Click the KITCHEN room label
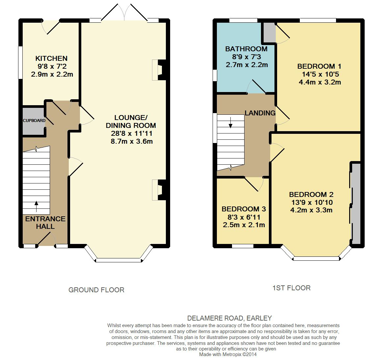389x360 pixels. tap(51, 59)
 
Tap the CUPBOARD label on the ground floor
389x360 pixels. tap(34, 121)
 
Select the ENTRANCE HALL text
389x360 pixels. tap(45, 223)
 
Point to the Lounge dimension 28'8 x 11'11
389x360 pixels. tap(132, 133)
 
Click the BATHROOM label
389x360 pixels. tap(246, 49)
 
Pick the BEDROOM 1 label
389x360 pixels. tap(319, 66)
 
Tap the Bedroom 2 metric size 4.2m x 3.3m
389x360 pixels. tap(311, 210)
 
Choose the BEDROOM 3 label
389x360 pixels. tap(244, 209)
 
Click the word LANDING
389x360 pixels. tap(260, 113)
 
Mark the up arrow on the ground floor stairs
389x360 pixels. tap(37, 206)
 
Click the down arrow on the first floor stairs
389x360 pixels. tap(230, 122)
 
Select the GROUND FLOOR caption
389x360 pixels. tap(96, 290)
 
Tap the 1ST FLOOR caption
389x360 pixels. tap(292, 288)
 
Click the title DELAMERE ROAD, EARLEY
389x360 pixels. tap(229, 318)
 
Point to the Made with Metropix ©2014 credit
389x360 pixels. tap(228, 354)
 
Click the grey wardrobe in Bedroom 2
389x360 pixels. tap(356, 203)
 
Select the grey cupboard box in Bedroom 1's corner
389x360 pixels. tap(270, 33)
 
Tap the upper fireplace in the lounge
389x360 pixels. tap(159, 70)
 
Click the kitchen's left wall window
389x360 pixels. tap(21, 63)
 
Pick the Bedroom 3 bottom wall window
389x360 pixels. tap(243, 246)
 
